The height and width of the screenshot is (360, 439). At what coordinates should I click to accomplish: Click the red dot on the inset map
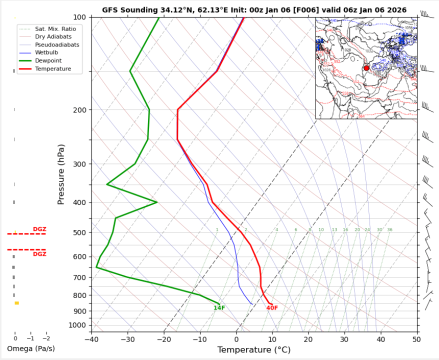click(366, 68)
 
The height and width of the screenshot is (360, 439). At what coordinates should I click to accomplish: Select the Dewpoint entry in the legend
click(48, 60)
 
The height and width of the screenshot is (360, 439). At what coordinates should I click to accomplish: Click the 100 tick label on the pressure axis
click(80, 17)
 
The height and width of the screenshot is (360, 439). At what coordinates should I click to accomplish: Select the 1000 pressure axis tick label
click(78, 325)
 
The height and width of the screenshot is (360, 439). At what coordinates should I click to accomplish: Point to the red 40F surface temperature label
click(272, 308)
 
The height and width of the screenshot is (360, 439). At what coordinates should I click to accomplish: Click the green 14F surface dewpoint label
click(219, 308)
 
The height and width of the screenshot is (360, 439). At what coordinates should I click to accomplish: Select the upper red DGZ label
click(39, 229)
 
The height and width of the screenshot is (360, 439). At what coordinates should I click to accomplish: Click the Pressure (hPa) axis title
click(61, 174)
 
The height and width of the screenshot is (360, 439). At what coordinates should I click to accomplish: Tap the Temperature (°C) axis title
click(254, 349)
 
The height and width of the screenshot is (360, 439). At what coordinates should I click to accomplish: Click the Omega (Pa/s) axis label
click(31, 348)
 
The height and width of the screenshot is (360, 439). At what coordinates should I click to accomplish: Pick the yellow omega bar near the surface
click(16, 303)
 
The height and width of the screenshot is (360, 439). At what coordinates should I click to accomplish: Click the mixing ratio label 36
click(389, 230)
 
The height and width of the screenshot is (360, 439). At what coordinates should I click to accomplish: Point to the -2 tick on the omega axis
click(46, 338)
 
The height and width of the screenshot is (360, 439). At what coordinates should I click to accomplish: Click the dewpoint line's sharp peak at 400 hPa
click(157, 202)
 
